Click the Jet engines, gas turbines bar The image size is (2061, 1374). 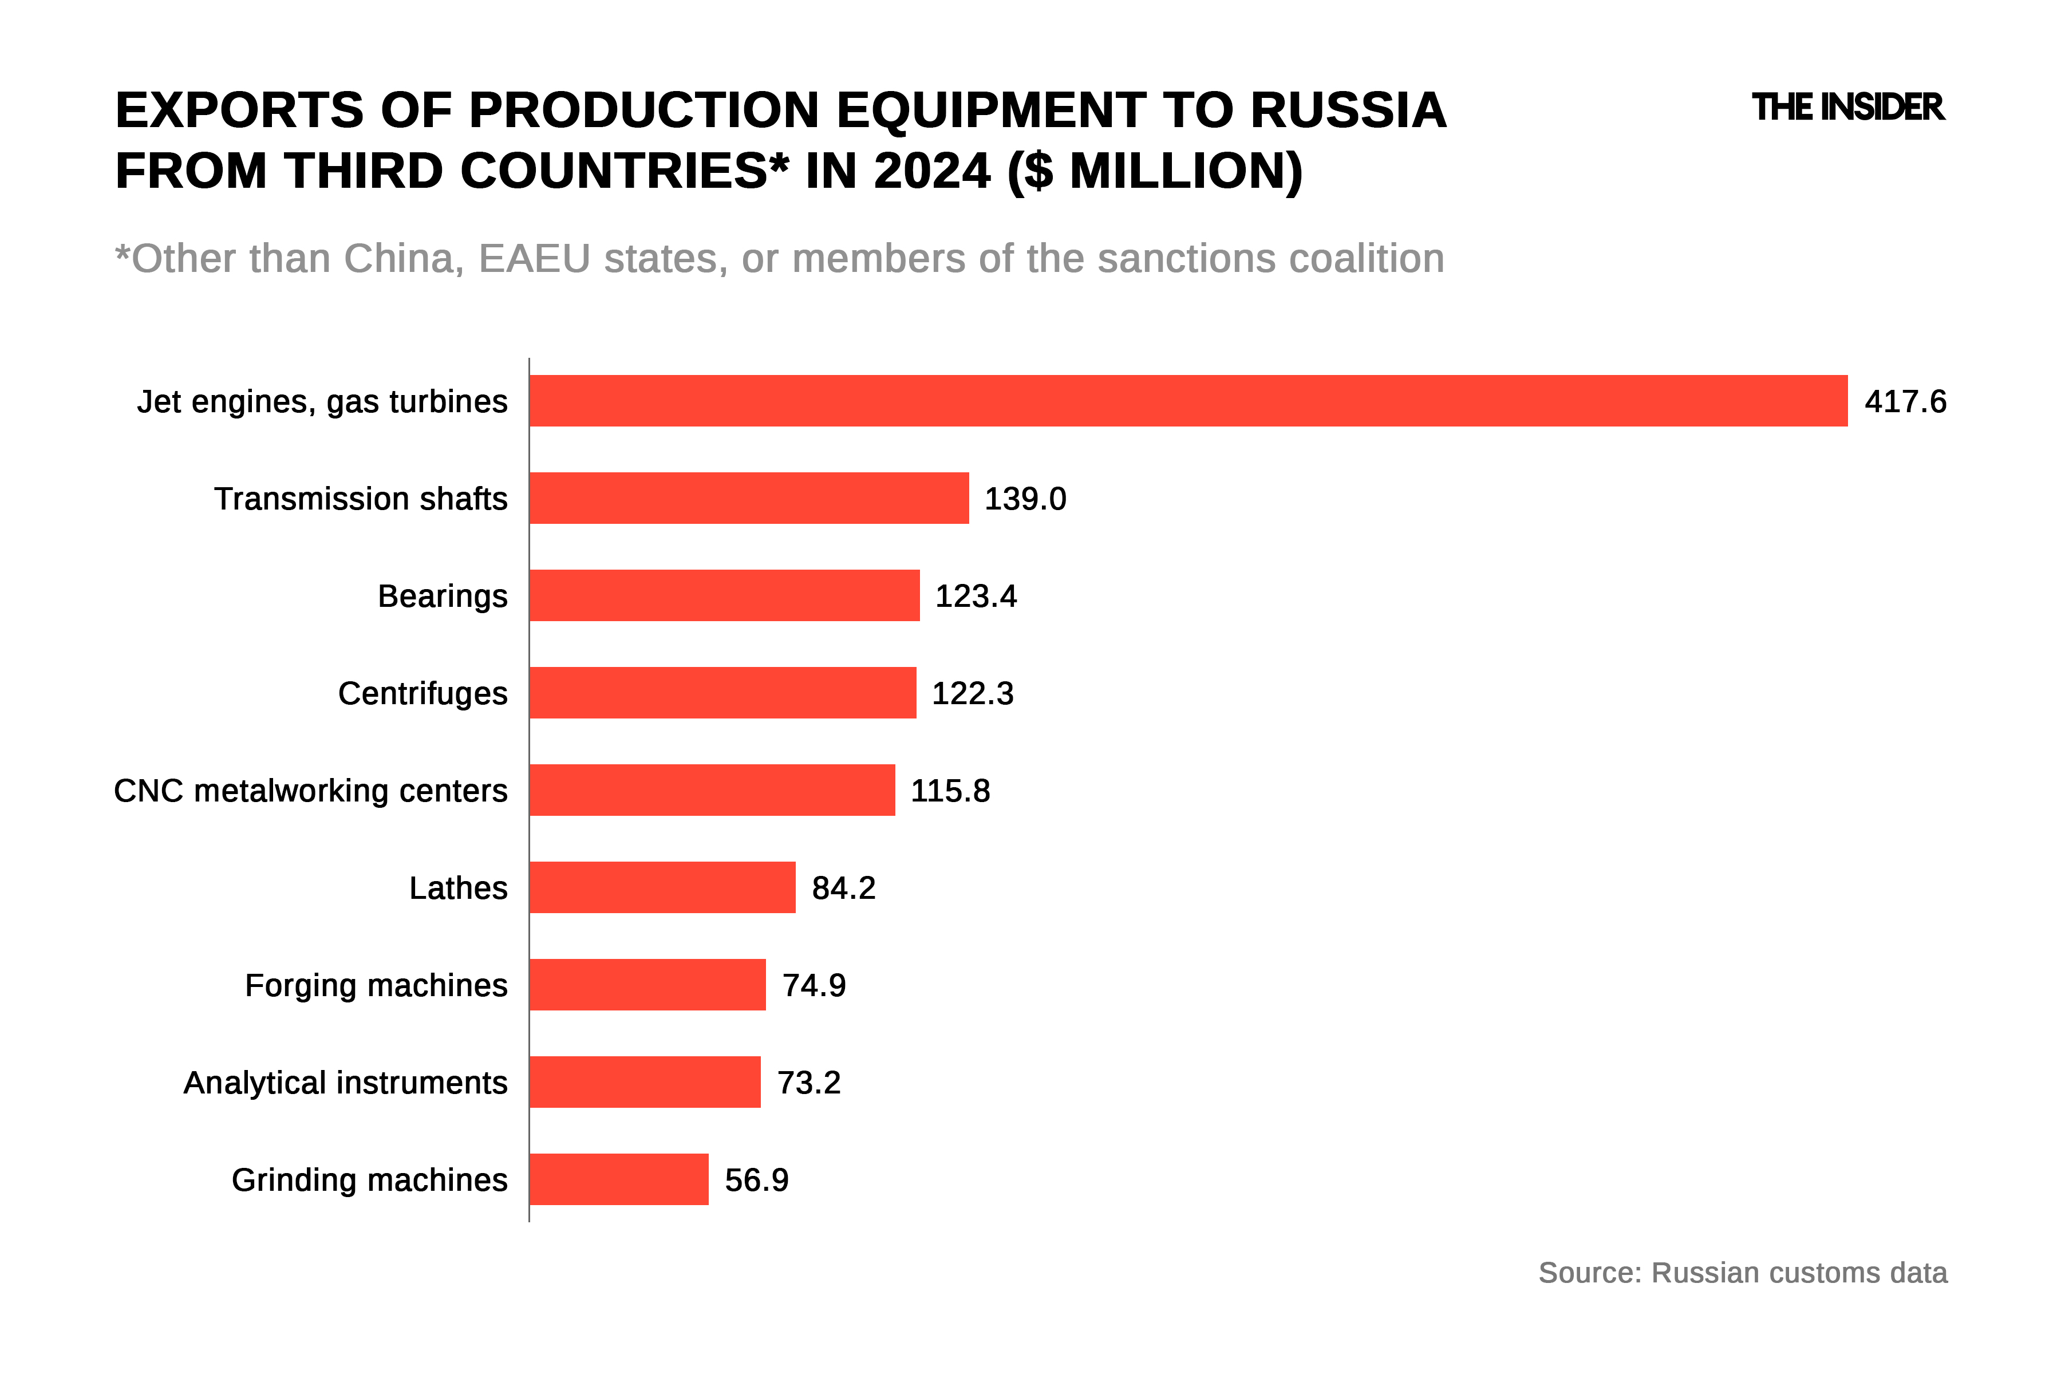[x=1189, y=401]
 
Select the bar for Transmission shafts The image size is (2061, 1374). [x=749, y=499]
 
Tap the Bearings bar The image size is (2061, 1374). [x=725, y=596]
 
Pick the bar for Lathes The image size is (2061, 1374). [x=662, y=888]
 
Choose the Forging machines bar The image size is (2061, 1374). [x=647, y=985]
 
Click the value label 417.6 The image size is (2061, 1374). [x=1905, y=401]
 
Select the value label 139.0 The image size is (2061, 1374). [x=1025, y=499]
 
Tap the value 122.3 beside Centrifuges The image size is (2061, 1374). [x=973, y=693]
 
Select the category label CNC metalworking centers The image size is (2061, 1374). [x=311, y=791]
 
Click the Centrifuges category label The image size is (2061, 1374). [x=423, y=693]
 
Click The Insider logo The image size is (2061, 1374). [x=1848, y=107]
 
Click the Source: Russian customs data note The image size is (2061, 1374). [x=1742, y=1272]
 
